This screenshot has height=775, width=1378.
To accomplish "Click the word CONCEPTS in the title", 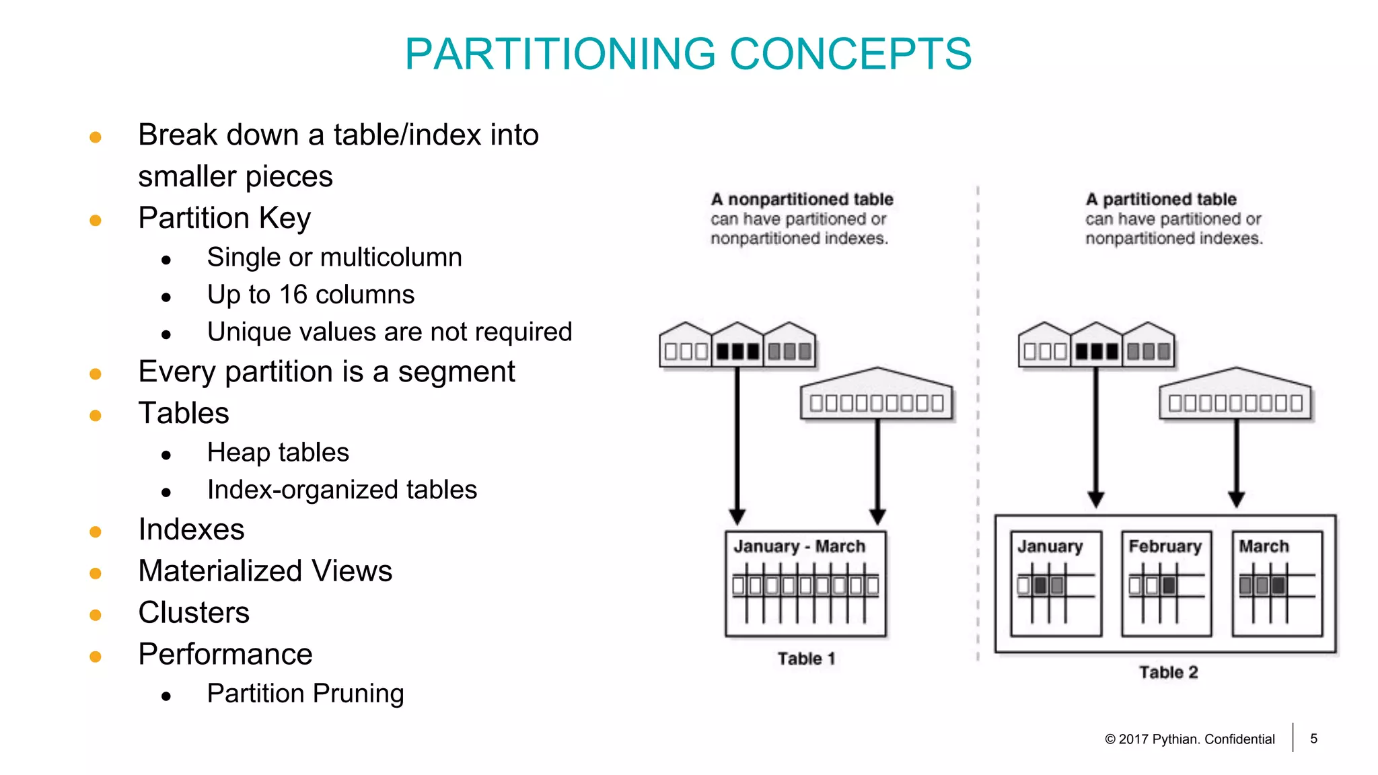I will tap(850, 54).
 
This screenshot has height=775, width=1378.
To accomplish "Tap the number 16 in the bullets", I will tap(293, 295).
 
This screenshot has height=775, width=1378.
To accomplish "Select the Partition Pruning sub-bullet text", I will tap(305, 694).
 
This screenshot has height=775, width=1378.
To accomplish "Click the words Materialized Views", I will tap(265, 571).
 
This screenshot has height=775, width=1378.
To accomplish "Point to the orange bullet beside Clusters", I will tap(96, 615).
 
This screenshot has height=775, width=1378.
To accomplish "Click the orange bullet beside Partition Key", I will tap(96, 220).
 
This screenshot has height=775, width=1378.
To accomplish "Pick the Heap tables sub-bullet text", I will tap(278, 453).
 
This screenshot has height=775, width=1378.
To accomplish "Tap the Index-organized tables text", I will tap(342, 490).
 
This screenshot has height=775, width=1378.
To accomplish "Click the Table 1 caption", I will tap(806, 659).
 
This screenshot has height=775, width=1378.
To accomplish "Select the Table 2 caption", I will tap(1168, 672).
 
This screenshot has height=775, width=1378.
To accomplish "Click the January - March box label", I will tap(799, 546).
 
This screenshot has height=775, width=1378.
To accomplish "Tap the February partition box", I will tap(1166, 584).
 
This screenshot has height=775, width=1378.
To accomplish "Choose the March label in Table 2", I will tap(1264, 546).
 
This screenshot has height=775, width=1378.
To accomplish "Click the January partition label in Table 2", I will tap(1050, 546).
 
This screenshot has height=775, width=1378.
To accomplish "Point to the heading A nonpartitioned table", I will tap(802, 199).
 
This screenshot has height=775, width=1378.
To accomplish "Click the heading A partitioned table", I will tap(1161, 199).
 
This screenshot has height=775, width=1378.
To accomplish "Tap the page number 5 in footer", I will tap(1313, 739).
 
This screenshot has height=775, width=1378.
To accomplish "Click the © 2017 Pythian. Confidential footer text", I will tap(1190, 739).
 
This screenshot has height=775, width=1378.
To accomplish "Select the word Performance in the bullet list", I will tap(225, 655).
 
